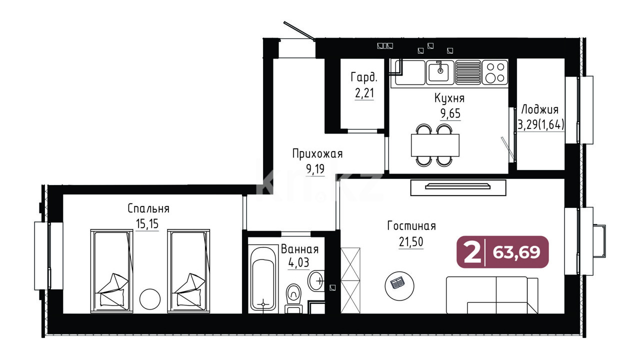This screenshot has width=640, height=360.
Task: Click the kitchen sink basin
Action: click(440, 72)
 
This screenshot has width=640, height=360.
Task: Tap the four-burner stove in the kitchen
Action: click(495, 72)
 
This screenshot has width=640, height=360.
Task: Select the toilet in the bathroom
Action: click(293, 298)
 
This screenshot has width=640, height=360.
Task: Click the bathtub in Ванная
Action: click(263, 279)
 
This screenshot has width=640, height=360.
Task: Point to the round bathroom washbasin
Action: click(316, 280)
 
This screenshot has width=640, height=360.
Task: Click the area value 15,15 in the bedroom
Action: click(147, 223)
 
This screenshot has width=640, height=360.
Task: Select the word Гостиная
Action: click(411, 226)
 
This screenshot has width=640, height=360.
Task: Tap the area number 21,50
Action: click(411, 242)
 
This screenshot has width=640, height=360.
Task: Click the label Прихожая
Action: click(317, 154)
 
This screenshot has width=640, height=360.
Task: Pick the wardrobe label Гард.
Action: click(364, 77)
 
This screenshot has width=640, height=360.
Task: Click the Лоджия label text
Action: click(539, 109)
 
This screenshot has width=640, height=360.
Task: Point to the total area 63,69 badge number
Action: click(516, 252)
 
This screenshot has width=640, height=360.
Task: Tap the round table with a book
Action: click(399, 286)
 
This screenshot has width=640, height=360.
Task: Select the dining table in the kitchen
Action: click(435, 145)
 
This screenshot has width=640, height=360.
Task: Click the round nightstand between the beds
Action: click(150, 299)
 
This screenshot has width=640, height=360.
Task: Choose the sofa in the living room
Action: click(492, 295)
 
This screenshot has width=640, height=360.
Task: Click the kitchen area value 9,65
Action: click(450, 113)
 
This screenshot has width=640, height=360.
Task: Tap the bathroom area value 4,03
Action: click(299, 263)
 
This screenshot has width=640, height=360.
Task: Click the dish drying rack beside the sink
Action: click(468, 72)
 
